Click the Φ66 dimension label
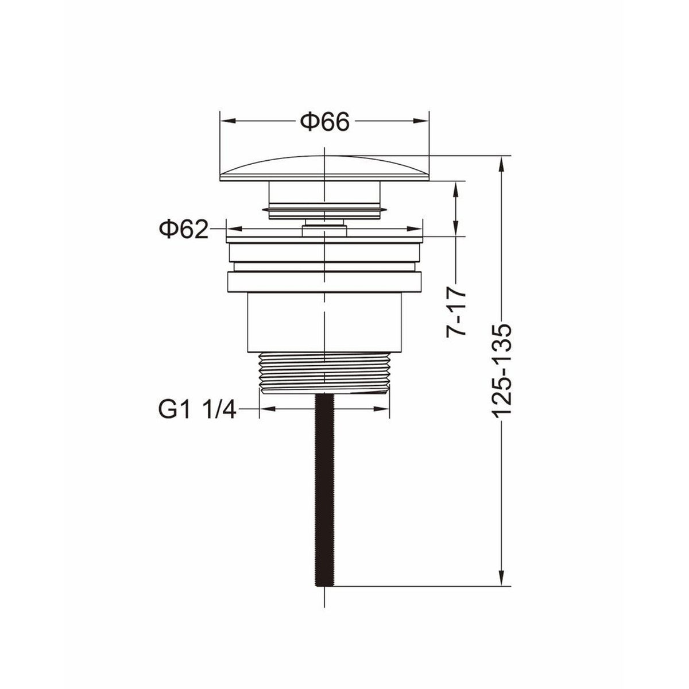[324, 122]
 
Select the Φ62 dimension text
[183, 229]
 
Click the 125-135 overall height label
[502, 370]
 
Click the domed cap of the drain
[324, 168]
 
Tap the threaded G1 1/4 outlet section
[324, 373]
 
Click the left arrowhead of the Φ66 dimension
[228, 121]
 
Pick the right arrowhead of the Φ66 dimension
[421, 121]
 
